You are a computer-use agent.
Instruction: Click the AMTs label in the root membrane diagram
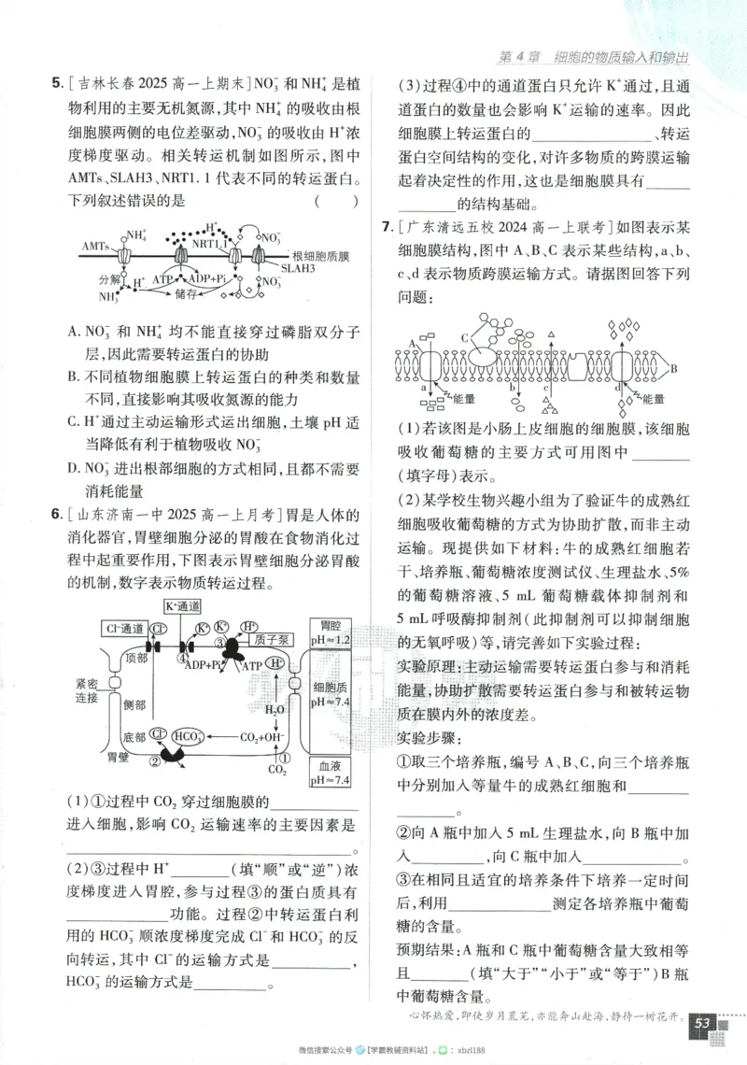click(x=95, y=247)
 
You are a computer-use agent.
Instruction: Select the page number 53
click(x=702, y=1024)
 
